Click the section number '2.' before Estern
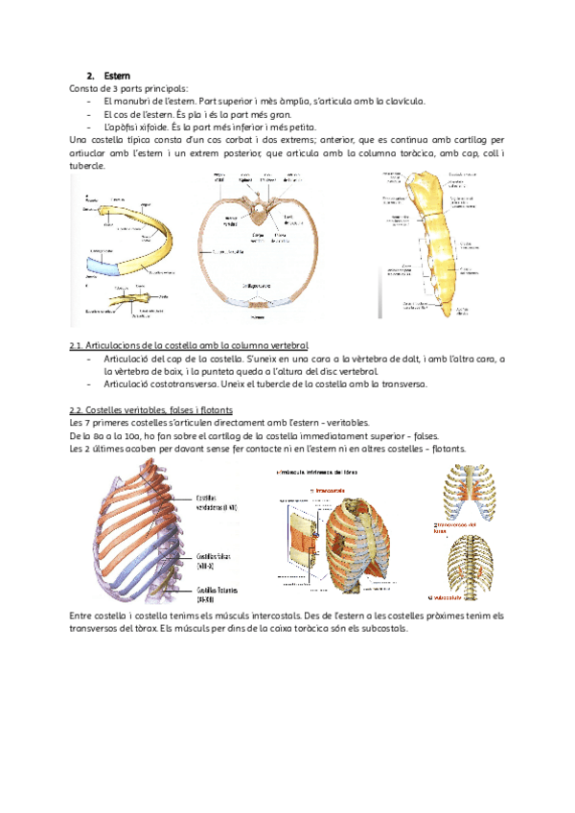[x=90, y=75]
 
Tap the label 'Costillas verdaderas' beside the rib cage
[x=218, y=503]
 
